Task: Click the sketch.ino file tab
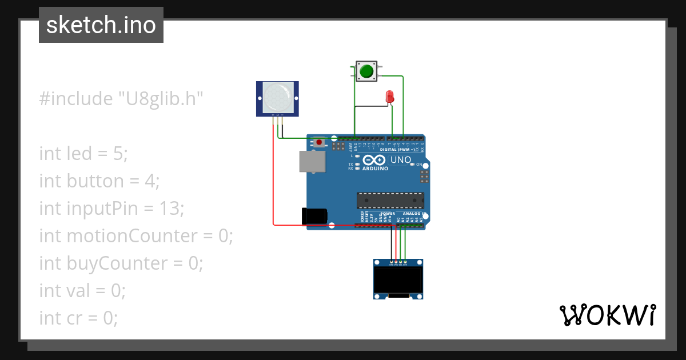(x=101, y=25)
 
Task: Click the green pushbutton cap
(x=365, y=72)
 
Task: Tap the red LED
(x=390, y=97)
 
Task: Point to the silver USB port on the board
(x=312, y=162)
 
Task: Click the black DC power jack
(x=314, y=216)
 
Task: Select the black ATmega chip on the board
(x=390, y=200)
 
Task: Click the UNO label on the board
(x=401, y=160)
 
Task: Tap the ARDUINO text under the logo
(x=375, y=169)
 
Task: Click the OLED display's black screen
(x=398, y=280)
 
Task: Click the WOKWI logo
(x=607, y=315)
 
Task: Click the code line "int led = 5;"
(x=83, y=153)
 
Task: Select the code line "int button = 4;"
(x=99, y=181)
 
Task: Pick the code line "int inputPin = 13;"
(x=111, y=209)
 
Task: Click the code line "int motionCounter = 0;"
(x=136, y=235)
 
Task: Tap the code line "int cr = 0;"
(x=79, y=318)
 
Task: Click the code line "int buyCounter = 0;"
(x=121, y=263)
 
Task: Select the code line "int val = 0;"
(x=82, y=290)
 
